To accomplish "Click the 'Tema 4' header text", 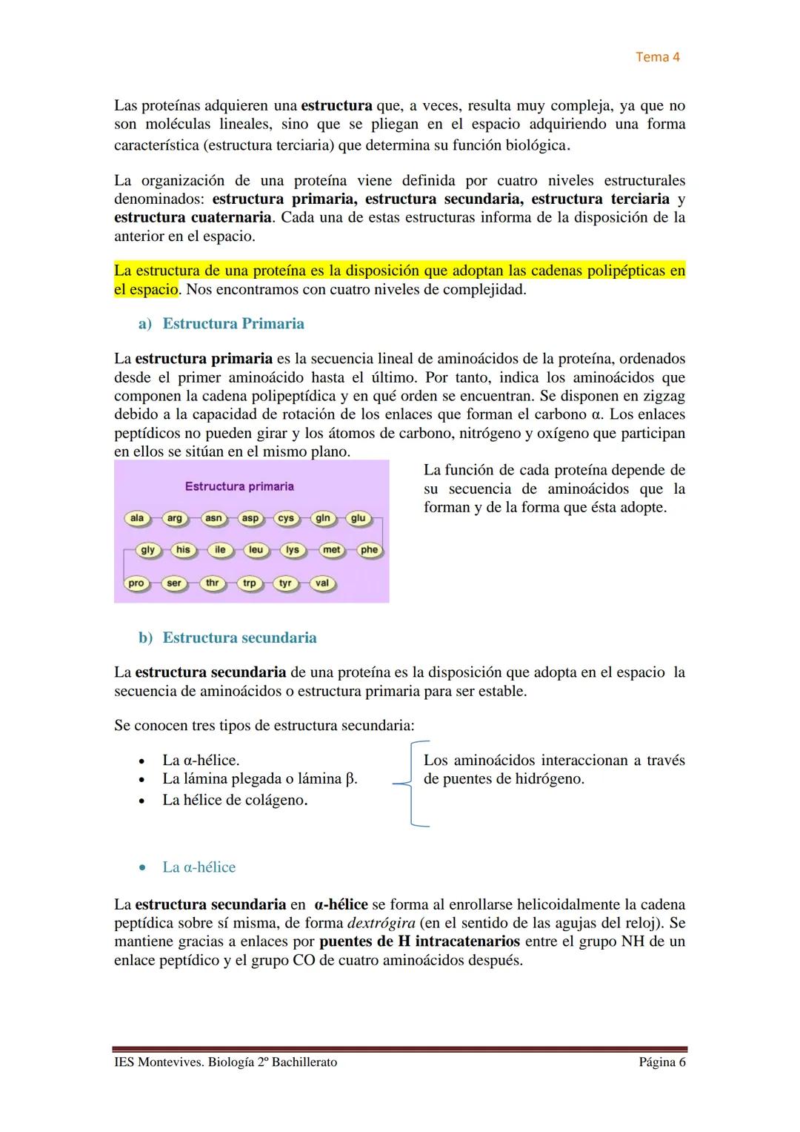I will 658,57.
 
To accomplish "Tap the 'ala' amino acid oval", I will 137,518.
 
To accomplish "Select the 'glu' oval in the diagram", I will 358,518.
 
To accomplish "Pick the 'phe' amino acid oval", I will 369,550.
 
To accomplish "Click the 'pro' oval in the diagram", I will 136,583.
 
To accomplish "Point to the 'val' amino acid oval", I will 321,583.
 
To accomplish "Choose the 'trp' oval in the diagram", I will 249,583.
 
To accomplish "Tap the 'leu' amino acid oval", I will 256,550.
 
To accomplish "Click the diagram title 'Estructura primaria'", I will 239,486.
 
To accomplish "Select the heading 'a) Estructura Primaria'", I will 221,324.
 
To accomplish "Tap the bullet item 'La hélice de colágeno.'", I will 235,800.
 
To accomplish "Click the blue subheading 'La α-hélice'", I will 199,867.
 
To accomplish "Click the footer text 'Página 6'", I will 657,1062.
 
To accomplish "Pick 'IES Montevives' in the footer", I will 156,1062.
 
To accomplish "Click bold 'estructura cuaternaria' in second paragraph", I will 193,218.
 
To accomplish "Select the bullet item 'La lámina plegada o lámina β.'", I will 259,779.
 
